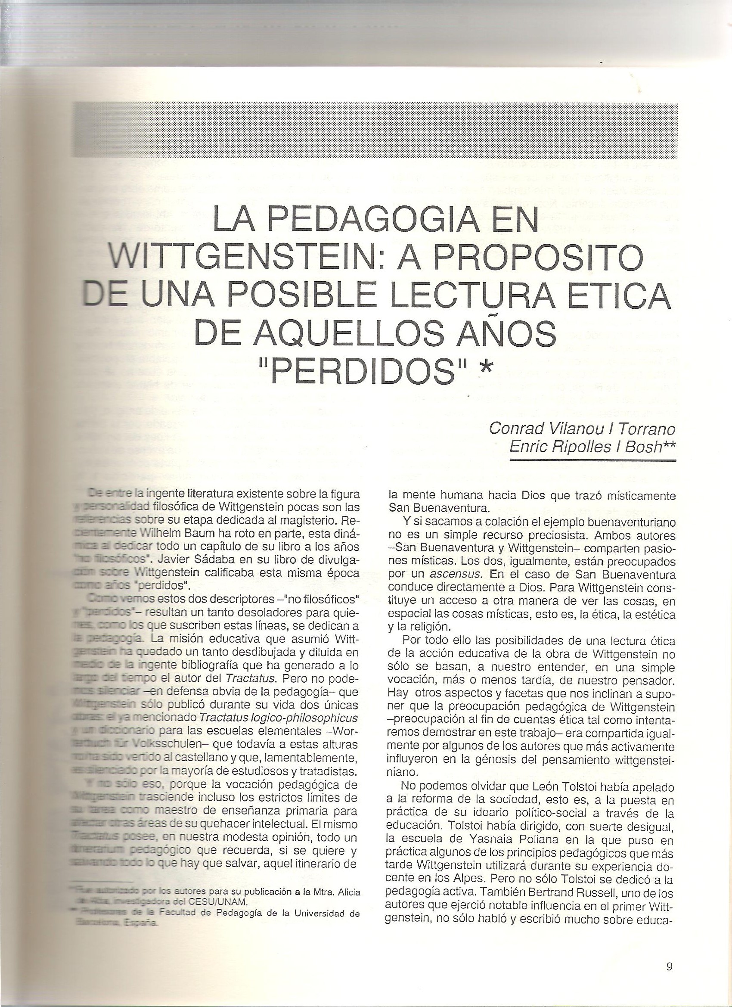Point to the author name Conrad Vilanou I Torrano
coord(582,429)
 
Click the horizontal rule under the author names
coord(592,460)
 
